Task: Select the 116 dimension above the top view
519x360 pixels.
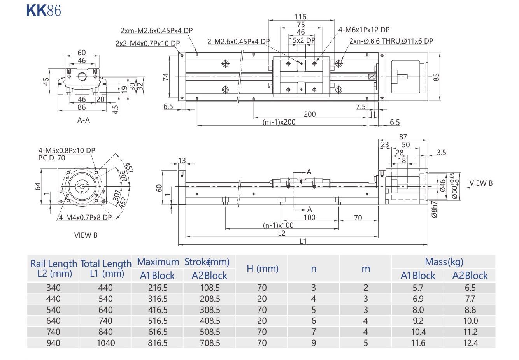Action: (300, 17)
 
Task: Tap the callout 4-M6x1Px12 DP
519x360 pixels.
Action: (364, 30)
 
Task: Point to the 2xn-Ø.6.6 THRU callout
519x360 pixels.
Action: (391, 41)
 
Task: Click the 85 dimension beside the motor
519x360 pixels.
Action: (437, 77)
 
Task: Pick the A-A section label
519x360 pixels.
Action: (83, 120)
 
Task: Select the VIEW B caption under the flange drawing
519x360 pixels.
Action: (86, 235)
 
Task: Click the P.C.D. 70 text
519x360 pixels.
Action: (52, 158)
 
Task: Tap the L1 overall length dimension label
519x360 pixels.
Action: (303, 241)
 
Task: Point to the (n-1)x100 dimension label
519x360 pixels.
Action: (278, 225)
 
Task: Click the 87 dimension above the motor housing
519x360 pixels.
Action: (403, 137)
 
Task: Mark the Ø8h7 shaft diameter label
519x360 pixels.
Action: (435, 209)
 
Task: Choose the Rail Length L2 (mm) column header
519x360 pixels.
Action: (54, 269)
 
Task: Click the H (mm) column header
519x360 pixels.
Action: (262, 269)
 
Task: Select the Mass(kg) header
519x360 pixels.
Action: (444, 262)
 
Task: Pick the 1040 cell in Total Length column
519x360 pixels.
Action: (105, 343)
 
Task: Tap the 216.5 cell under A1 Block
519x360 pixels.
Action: (158, 288)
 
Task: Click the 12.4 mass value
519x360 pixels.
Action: (470, 343)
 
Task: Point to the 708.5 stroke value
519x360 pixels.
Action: (210, 343)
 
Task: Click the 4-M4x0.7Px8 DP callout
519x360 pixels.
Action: (85, 217)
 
